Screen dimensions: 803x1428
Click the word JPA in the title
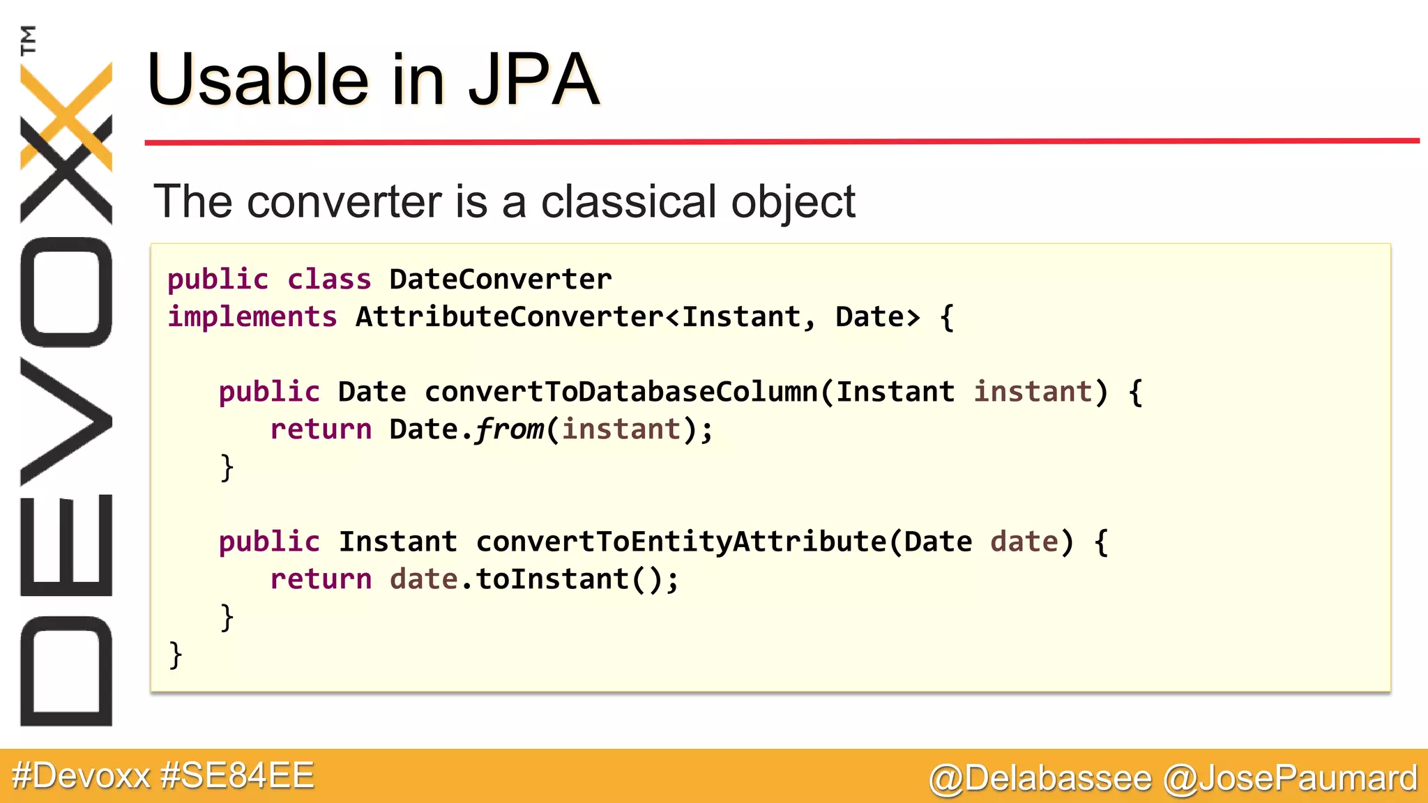click(x=533, y=80)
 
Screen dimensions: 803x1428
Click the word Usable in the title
click(x=257, y=80)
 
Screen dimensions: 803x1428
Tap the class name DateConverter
click(x=500, y=280)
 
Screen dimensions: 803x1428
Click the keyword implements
click(x=252, y=317)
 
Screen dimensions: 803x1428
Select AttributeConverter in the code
click(x=509, y=317)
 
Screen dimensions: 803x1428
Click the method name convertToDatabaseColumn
click(x=621, y=392)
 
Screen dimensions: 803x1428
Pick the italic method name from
click(x=510, y=429)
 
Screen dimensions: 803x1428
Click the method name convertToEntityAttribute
click(x=681, y=542)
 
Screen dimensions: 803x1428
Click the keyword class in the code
click(x=329, y=280)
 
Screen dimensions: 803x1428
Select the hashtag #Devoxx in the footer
click(x=81, y=776)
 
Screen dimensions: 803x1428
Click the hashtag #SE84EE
click(x=237, y=776)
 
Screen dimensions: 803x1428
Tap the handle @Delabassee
click(x=1040, y=778)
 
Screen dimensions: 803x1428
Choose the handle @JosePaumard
click(x=1291, y=778)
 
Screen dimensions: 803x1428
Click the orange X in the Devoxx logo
click(x=66, y=115)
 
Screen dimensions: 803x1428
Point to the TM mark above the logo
click(x=28, y=40)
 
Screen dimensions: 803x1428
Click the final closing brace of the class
click(x=176, y=655)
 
